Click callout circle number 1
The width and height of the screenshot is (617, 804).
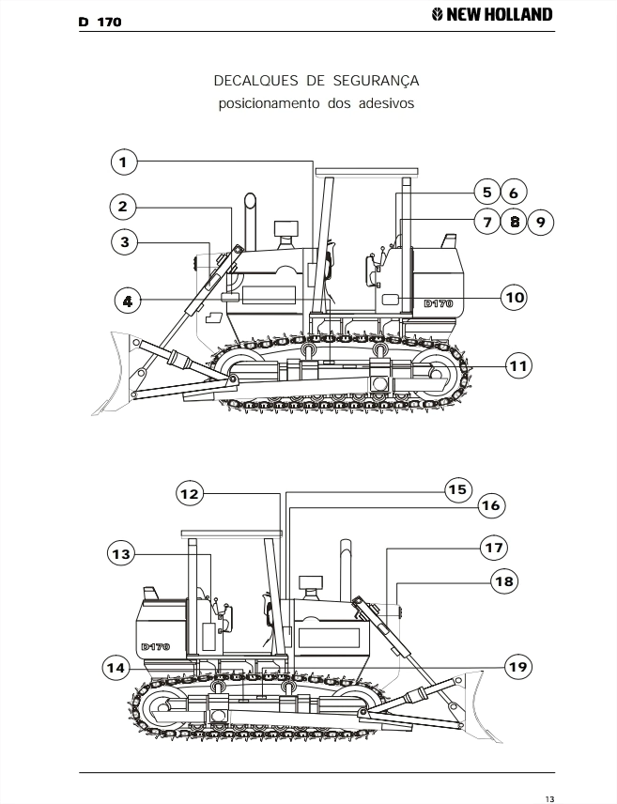(x=124, y=162)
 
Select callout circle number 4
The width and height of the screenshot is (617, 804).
(x=128, y=301)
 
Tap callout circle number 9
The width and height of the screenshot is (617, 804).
(x=541, y=222)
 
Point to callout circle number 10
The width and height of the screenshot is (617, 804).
(x=515, y=297)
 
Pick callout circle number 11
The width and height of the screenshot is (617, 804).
(x=518, y=365)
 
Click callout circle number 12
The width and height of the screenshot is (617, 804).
(x=190, y=494)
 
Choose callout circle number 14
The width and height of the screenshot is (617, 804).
(x=116, y=668)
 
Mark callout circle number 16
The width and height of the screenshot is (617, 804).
(x=491, y=505)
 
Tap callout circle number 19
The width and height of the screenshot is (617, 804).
(x=517, y=667)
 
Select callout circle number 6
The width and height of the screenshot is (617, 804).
(x=514, y=193)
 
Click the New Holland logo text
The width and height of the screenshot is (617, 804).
(x=492, y=14)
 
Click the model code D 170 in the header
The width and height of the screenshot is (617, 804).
(x=100, y=22)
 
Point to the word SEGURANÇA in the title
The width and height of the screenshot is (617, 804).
(x=376, y=82)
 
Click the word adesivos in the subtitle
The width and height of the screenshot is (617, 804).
(x=386, y=103)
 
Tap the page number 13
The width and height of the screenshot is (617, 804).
(x=549, y=799)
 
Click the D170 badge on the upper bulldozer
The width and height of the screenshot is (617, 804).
(x=439, y=303)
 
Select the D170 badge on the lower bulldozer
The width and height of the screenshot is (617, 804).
(x=155, y=646)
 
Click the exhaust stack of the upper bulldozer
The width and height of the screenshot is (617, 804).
(x=250, y=221)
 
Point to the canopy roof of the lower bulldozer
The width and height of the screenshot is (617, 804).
(x=231, y=533)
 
